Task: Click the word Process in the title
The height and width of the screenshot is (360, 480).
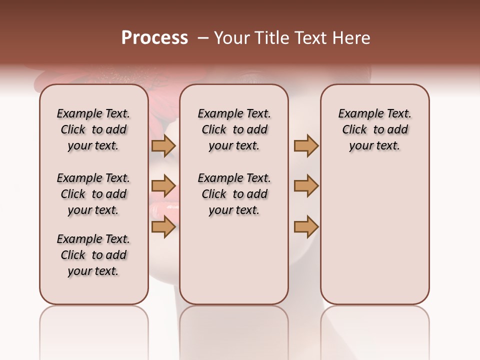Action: (x=154, y=38)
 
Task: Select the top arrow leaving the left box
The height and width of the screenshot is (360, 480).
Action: (x=163, y=145)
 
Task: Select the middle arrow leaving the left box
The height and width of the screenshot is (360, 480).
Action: (x=163, y=186)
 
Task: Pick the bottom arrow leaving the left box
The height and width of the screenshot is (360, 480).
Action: (x=163, y=227)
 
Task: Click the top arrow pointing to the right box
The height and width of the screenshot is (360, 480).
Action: (x=306, y=145)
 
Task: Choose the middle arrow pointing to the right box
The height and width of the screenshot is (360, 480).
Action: (x=306, y=186)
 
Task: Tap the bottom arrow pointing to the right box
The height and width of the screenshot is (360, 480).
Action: (x=306, y=227)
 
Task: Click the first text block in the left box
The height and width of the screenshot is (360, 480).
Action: (x=93, y=129)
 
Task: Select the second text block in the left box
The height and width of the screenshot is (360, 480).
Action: (x=93, y=194)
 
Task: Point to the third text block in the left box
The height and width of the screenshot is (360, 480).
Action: (x=93, y=255)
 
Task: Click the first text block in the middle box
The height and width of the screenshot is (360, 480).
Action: (x=234, y=129)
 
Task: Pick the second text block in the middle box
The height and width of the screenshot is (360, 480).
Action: (x=234, y=194)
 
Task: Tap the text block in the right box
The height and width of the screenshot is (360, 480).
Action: (x=374, y=129)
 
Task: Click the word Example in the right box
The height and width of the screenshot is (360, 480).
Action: (x=356, y=114)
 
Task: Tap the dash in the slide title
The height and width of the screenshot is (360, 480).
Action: (x=202, y=38)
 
